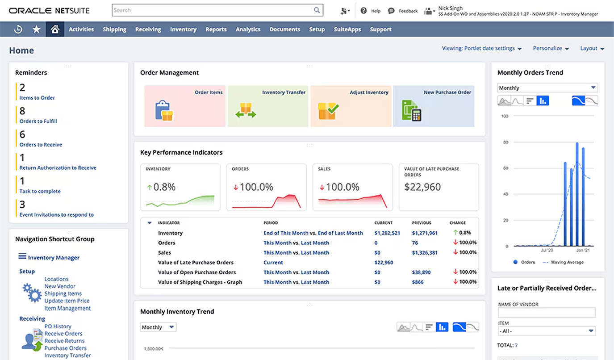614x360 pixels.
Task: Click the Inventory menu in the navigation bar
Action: click(183, 29)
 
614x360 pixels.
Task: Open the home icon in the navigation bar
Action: click(55, 29)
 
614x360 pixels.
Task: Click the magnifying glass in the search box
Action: click(317, 10)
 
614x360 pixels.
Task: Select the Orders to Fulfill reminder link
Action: click(38, 121)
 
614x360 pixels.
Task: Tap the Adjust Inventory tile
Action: click(351, 106)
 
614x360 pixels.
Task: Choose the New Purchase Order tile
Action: click(434, 106)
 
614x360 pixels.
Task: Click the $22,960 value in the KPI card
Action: click(422, 187)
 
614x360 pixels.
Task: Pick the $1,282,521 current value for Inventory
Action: click(387, 233)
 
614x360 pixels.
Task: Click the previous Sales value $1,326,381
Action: click(425, 253)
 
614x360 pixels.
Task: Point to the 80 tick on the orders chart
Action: click(505, 142)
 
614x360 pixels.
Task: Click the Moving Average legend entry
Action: click(567, 262)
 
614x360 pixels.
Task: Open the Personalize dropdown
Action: click(551, 48)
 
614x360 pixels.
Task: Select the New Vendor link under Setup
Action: click(60, 286)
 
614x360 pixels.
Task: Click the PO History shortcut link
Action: click(58, 327)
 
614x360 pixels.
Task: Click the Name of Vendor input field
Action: click(547, 313)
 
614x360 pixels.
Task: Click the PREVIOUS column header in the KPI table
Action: click(422, 223)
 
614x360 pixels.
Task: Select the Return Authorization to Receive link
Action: click(58, 168)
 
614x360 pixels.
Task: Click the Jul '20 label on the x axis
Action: click(547, 251)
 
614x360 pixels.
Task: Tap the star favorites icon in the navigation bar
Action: click(37, 29)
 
